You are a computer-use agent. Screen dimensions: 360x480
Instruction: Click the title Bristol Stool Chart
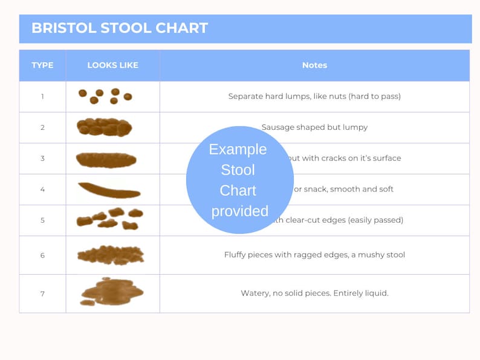point(119,28)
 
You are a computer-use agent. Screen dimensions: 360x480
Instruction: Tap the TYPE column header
point(42,65)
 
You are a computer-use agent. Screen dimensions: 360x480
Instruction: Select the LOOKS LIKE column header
point(112,65)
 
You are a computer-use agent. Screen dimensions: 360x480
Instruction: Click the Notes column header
point(314,65)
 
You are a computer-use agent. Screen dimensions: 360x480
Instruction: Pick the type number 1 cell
point(42,96)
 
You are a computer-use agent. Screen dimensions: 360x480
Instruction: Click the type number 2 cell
point(42,127)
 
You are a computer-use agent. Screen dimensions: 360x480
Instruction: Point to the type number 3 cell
point(42,158)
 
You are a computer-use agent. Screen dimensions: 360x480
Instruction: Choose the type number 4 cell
point(42,189)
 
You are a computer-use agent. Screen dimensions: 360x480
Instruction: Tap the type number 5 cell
point(42,220)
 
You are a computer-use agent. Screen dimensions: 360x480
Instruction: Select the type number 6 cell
point(42,255)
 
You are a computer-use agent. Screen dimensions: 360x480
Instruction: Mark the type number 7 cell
point(42,294)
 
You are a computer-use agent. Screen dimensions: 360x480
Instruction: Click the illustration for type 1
point(105,96)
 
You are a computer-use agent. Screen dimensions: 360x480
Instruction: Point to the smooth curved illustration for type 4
point(109,190)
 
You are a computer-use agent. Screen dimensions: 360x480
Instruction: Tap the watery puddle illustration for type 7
point(111,292)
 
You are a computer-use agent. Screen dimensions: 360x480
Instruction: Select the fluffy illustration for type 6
point(110,254)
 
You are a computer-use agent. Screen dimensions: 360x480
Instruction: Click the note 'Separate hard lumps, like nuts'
point(314,96)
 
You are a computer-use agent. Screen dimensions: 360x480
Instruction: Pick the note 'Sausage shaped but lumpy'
point(314,127)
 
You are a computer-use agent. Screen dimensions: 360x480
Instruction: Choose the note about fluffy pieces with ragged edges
point(314,255)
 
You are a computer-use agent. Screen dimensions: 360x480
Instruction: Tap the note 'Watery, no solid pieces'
point(314,294)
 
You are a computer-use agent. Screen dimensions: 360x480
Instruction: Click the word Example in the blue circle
point(238,149)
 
